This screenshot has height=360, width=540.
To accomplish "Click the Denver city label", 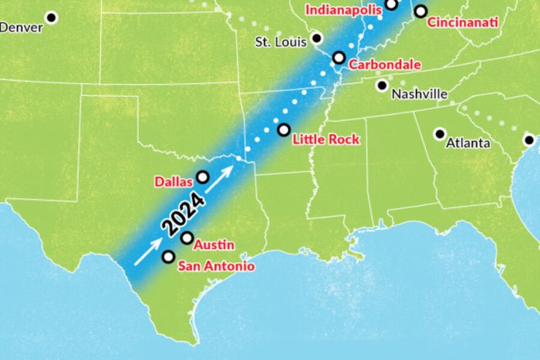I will tap(22, 27).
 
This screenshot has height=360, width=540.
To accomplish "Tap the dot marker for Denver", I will tap(52, 17).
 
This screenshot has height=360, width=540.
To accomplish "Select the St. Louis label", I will tap(281, 40).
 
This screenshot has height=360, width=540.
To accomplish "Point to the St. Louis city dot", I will tap(317, 38).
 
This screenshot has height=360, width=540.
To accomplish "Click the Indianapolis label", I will tap(344, 10).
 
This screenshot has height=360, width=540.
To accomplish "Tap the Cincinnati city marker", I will tap(420, 11).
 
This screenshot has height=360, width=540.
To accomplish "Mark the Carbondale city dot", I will tap(338, 57).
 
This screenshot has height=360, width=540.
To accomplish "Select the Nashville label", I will tap(420, 94).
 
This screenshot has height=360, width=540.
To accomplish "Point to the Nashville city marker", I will tap(381, 86).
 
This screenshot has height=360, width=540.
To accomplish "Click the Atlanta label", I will tap(467, 143).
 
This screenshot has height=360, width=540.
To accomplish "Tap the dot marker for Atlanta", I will tap(440, 133).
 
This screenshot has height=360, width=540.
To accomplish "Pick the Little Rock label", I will tap(323, 140).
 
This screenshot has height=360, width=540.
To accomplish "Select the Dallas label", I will tap(173, 182).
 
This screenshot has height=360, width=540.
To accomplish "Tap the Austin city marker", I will tap(187, 237).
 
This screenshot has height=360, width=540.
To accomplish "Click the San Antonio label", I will tap(216, 267).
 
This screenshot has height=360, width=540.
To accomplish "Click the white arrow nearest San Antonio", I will tap(148, 252).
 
